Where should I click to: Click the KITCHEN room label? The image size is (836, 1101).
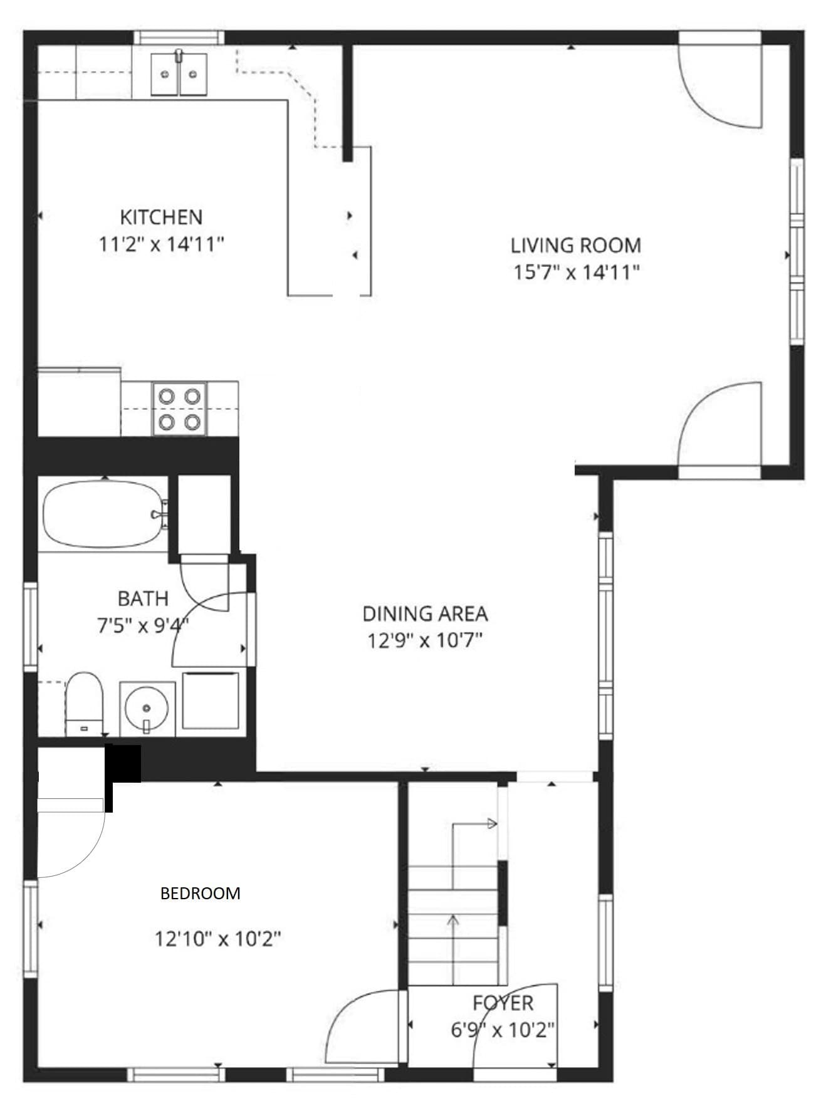pos(161,217)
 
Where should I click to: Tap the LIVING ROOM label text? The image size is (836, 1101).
pos(576,245)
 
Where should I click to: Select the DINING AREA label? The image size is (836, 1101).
pos(425,613)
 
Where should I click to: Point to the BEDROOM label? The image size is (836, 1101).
pos(201,893)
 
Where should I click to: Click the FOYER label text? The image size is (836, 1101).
pos(503,1003)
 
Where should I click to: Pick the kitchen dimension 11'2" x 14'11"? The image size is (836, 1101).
pos(161,244)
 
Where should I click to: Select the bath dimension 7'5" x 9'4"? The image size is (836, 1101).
pos(143,625)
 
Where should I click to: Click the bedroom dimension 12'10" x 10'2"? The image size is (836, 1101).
pos(217,939)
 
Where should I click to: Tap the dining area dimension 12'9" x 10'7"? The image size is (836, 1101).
pos(425,640)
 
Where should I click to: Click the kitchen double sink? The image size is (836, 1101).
pos(179,74)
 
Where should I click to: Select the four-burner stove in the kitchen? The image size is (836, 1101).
pos(180,409)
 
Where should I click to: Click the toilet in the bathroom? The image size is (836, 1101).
pos(85,704)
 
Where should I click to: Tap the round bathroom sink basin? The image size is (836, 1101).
pos(147,707)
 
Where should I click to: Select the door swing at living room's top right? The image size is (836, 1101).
pos(720,86)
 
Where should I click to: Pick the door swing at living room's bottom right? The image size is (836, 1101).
pos(720,425)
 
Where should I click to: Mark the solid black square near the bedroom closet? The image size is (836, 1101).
pos(123,763)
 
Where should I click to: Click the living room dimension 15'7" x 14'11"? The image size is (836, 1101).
pos(576,273)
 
